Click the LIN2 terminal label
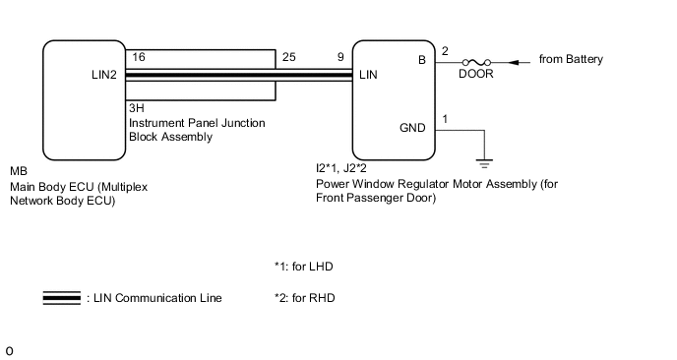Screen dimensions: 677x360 (104, 75)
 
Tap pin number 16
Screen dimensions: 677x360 (139, 57)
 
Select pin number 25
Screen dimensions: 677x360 (289, 57)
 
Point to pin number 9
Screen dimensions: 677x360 (340, 57)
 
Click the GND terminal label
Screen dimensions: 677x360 (412, 128)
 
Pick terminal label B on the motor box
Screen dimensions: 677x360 (422, 60)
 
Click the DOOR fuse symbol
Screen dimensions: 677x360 (476, 63)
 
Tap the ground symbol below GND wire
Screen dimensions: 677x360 (484, 163)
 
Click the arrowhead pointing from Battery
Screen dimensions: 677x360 (514, 63)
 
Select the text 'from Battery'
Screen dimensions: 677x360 (571, 59)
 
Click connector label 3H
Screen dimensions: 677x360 (137, 108)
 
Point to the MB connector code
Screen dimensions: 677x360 (19, 171)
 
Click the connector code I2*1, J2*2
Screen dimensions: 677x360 (341, 168)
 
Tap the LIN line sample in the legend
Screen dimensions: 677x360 (62, 298)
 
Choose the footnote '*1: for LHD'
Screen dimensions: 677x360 (304, 267)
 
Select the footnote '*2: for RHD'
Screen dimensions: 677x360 (305, 298)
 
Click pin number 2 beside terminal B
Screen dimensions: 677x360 (445, 51)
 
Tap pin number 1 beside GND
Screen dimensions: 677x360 (445, 119)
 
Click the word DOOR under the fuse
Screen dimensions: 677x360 (476, 74)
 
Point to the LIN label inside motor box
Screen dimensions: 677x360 (368, 75)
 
